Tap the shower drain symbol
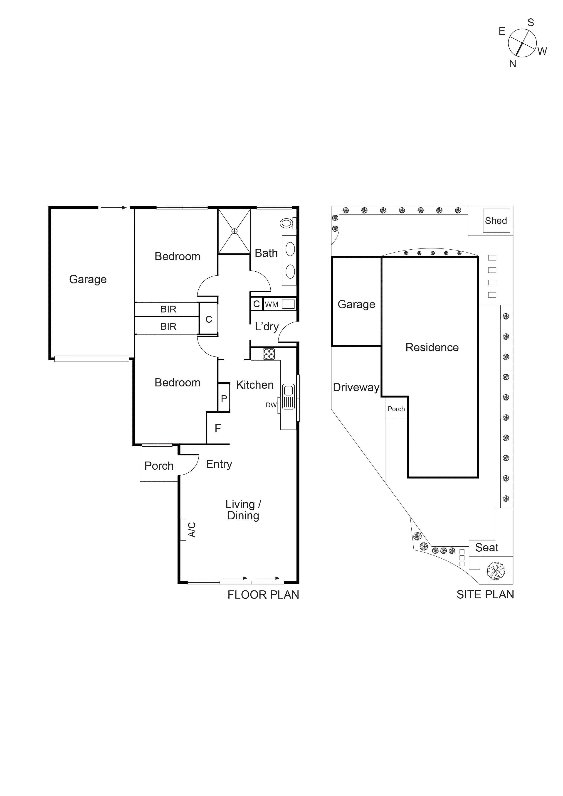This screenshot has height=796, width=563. click(x=235, y=231)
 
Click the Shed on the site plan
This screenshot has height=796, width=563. click(x=496, y=221)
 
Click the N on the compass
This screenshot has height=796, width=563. click(x=512, y=64)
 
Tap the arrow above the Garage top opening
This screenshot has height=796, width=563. click(x=114, y=208)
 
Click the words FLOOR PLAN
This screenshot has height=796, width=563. click(x=263, y=595)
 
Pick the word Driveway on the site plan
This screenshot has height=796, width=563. click(x=356, y=387)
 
